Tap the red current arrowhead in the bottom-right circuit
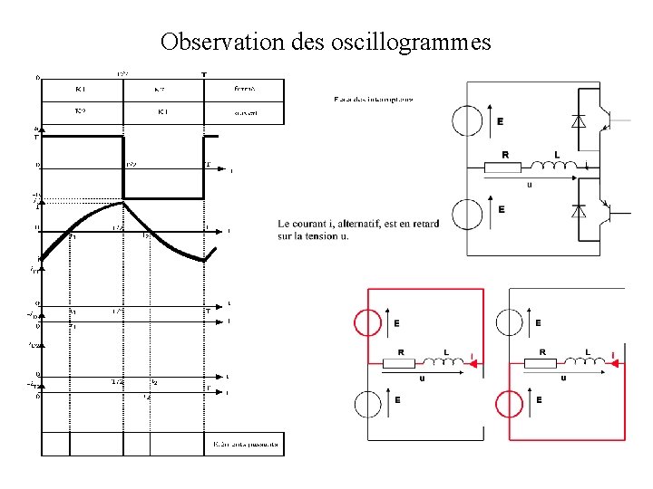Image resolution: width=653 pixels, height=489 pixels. [616, 364]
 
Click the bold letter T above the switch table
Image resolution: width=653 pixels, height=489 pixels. [202, 74]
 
